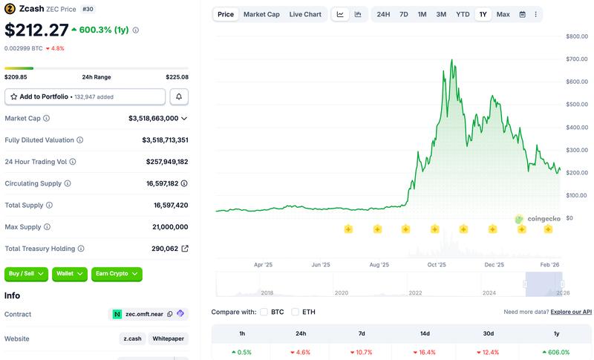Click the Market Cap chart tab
(x=261, y=14)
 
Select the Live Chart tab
(x=305, y=14)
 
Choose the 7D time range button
(x=403, y=14)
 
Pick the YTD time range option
(x=463, y=14)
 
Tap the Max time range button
(x=503, y=14)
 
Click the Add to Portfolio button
(x=85, y=96)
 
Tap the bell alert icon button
(x=179, y=96)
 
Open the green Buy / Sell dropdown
(x=27, y=274)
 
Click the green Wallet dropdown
(x=70, y=274)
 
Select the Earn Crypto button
(x=117, y=274)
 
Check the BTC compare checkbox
(x=264, y=312)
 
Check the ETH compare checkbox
(x=296, y=312)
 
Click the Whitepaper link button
(x=168, y=338)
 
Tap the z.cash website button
(x=132, y=338)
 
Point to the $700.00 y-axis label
(x=576, y=59)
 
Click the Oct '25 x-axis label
(x=437, y=264)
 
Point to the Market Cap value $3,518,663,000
(x=153, y=118)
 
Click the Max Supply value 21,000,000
(x=165, y=227)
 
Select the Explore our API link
(x=571, y=312)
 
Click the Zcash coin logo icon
(x=10, y=10)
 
